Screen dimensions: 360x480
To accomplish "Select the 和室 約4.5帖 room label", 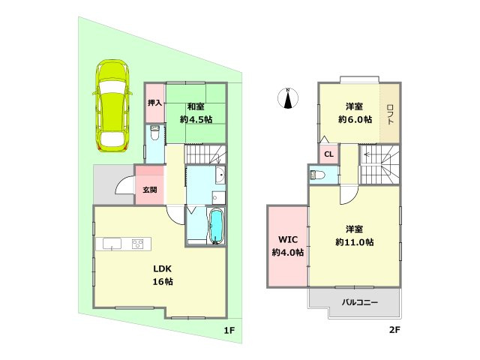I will [x=196, y=112].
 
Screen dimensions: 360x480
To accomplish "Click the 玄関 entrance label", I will [x=150, y=189].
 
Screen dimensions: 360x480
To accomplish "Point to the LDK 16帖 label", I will [x=163, y=275].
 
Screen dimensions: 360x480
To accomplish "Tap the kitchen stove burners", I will [x=139, y=243].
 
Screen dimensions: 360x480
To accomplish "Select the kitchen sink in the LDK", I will [x=111, y=244].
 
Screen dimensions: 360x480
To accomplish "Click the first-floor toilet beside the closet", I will [x=154, y=136].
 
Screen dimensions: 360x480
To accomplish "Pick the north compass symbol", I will [x=289, y=98].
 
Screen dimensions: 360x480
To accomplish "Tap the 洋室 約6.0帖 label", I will [x=354, y=112].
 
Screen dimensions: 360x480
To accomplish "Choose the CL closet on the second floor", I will [x=328, y=155].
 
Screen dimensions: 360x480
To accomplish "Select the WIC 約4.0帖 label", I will [x=289, y=246].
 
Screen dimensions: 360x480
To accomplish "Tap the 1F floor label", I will [x=230, y=331].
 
